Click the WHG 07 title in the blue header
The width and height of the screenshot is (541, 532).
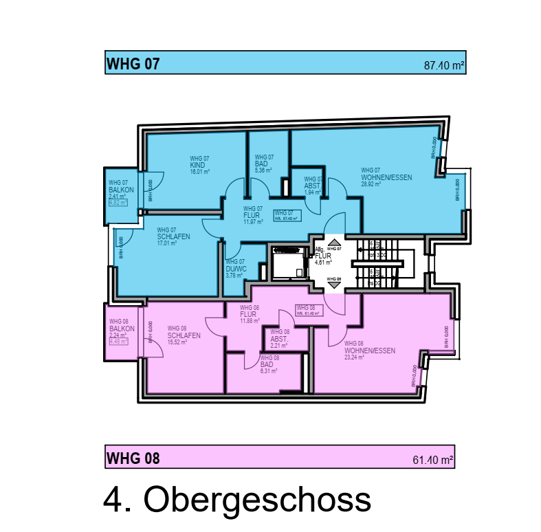pyautogui.click(x=133, y=65)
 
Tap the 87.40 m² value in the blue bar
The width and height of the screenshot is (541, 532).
pyautogui.click(x=445, y=67)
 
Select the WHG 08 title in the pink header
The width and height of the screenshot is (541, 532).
pyautogui.click(x=133, y=458)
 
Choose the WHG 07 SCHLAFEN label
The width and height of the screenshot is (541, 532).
pyautogui.click(x=173, y=236)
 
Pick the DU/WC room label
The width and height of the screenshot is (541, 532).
pyautogui.click(x=236, y=269)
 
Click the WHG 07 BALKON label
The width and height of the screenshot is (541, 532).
pyautogui.click(x=120, y=190)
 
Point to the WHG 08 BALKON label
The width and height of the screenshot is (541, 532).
pyautogui.click(x=121, y=329)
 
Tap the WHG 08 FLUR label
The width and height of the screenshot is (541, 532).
pyautogui.click(x=248, y=315)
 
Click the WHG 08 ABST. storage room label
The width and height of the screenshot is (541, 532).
pyautogui.click(x=279, y=339)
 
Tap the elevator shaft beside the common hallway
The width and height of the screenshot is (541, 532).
pyautogui.click(x=288, y=263)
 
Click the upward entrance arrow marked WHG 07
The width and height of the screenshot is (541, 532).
pyautogui.click(x=335, y=242)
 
